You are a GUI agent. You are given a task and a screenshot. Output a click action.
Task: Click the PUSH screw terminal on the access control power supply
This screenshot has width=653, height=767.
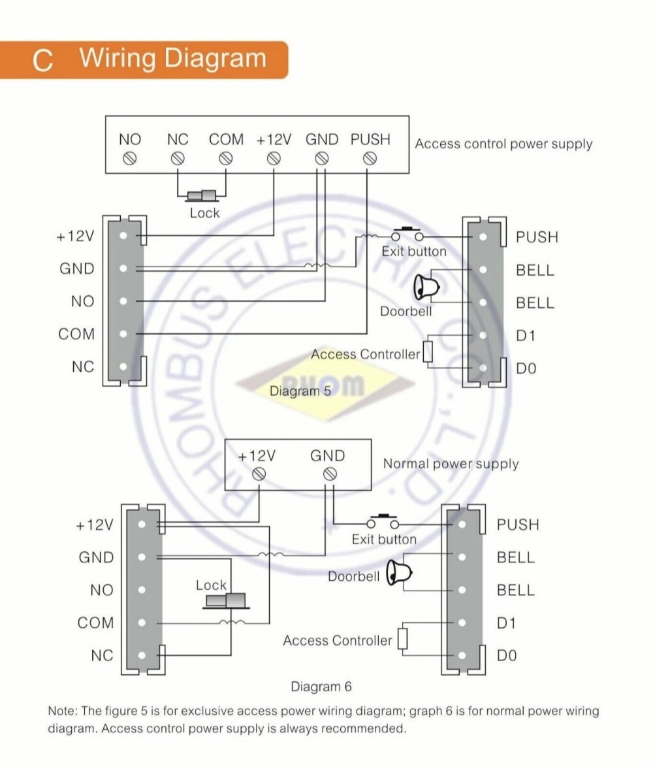click(370, 157)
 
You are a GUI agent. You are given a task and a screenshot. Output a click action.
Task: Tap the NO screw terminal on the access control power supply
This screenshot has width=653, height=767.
click(130, 157)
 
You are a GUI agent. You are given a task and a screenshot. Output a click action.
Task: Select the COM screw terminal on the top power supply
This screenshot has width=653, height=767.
click(226, 157)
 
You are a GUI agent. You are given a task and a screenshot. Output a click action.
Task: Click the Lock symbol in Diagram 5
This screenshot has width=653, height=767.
click(202, 195)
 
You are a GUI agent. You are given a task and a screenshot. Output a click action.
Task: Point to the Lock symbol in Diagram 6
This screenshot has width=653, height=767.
click(226, 600)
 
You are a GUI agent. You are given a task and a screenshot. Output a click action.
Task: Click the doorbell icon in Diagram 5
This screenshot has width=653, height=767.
click(425, 286)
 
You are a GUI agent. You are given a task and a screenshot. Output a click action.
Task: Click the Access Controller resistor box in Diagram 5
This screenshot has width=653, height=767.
click(428, 351)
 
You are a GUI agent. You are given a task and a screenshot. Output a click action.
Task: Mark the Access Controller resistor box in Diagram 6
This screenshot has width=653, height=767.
click(402, 638)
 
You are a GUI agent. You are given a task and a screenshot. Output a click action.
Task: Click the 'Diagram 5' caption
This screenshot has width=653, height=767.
click(300, 391)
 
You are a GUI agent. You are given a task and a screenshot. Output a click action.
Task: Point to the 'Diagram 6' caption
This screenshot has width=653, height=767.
click(321, 687)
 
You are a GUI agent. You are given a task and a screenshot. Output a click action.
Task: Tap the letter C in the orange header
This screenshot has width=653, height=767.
click(42, 60)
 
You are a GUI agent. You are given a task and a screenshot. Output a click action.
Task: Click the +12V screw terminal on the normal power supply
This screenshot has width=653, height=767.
click(259, 473)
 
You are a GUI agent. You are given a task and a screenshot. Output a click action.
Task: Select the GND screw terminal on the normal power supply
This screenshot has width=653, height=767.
click(328, 473)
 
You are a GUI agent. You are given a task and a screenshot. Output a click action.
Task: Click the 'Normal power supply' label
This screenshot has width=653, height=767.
click(451, 464)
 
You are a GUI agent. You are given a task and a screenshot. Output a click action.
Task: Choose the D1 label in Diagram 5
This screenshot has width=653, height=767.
click(526, 335)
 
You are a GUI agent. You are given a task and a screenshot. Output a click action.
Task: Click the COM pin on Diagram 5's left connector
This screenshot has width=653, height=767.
click(123, 334)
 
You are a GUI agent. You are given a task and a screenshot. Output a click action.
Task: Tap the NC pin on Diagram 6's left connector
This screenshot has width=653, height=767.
click(142, 655)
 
